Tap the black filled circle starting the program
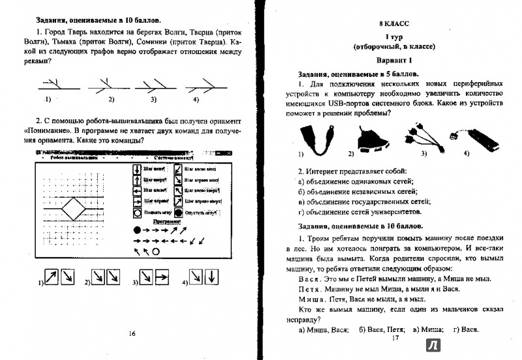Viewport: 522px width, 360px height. pyautogui.click(x=137, y=230)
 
